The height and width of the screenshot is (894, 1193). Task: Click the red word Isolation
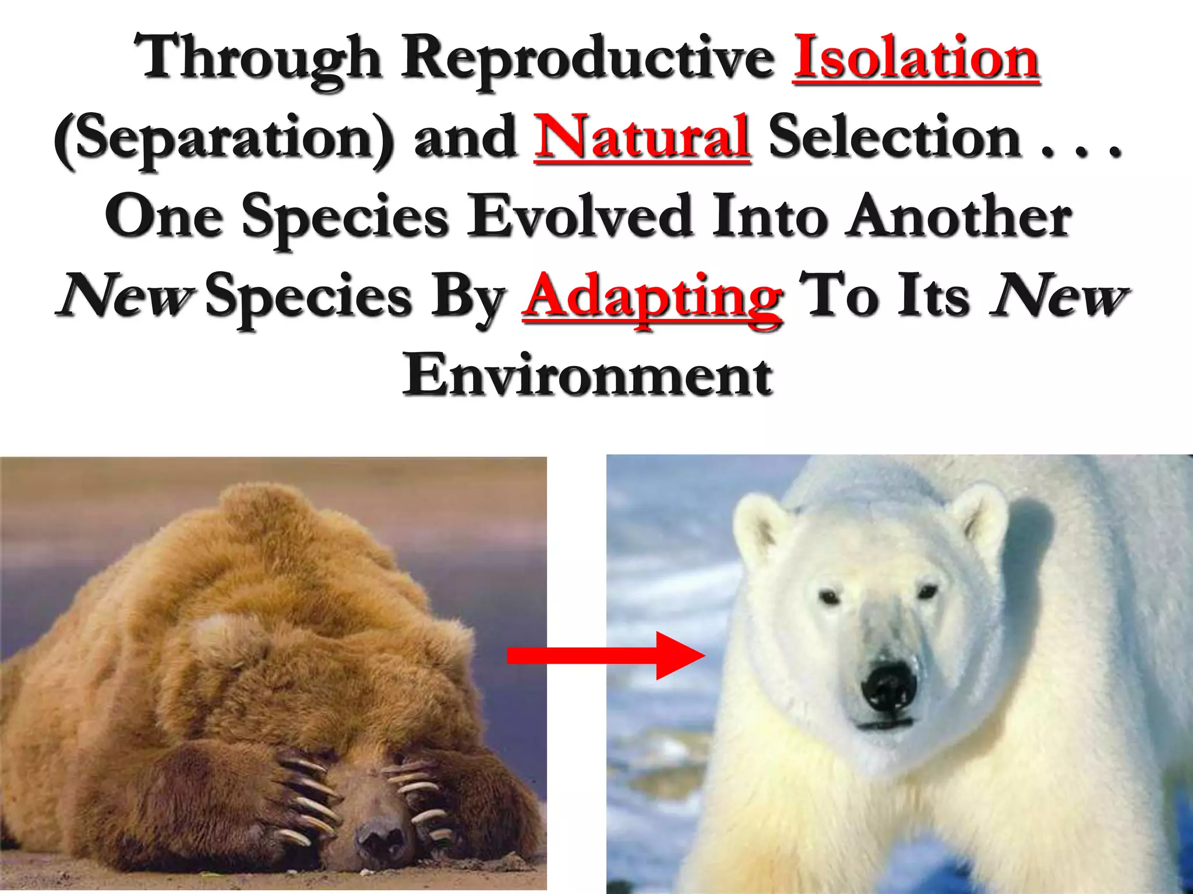click(x=916, y=58)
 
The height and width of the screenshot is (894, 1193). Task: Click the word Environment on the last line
click(x=588, y=375)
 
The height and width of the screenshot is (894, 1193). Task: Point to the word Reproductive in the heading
click(x=588, y=61)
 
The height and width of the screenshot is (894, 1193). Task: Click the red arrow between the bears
click(x=606, y=655)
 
